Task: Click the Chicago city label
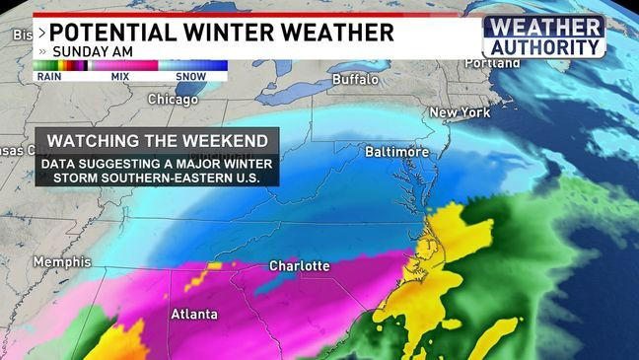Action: pos(174,99)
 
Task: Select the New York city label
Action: pos(460,112)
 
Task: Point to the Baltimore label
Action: pos(397,153)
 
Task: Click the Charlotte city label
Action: pos(299,266)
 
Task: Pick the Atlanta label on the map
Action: pos(194,316)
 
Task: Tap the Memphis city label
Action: pos(61,262)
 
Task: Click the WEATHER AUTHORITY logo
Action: pos(543,36)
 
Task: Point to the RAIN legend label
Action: pos(48,75)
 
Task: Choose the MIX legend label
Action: pos(120,75)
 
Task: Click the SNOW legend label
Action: pos(190,75)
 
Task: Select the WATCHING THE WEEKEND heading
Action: pos(158,140)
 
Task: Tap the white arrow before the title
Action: pos(40,33)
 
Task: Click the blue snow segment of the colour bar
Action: pos(193,65)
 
